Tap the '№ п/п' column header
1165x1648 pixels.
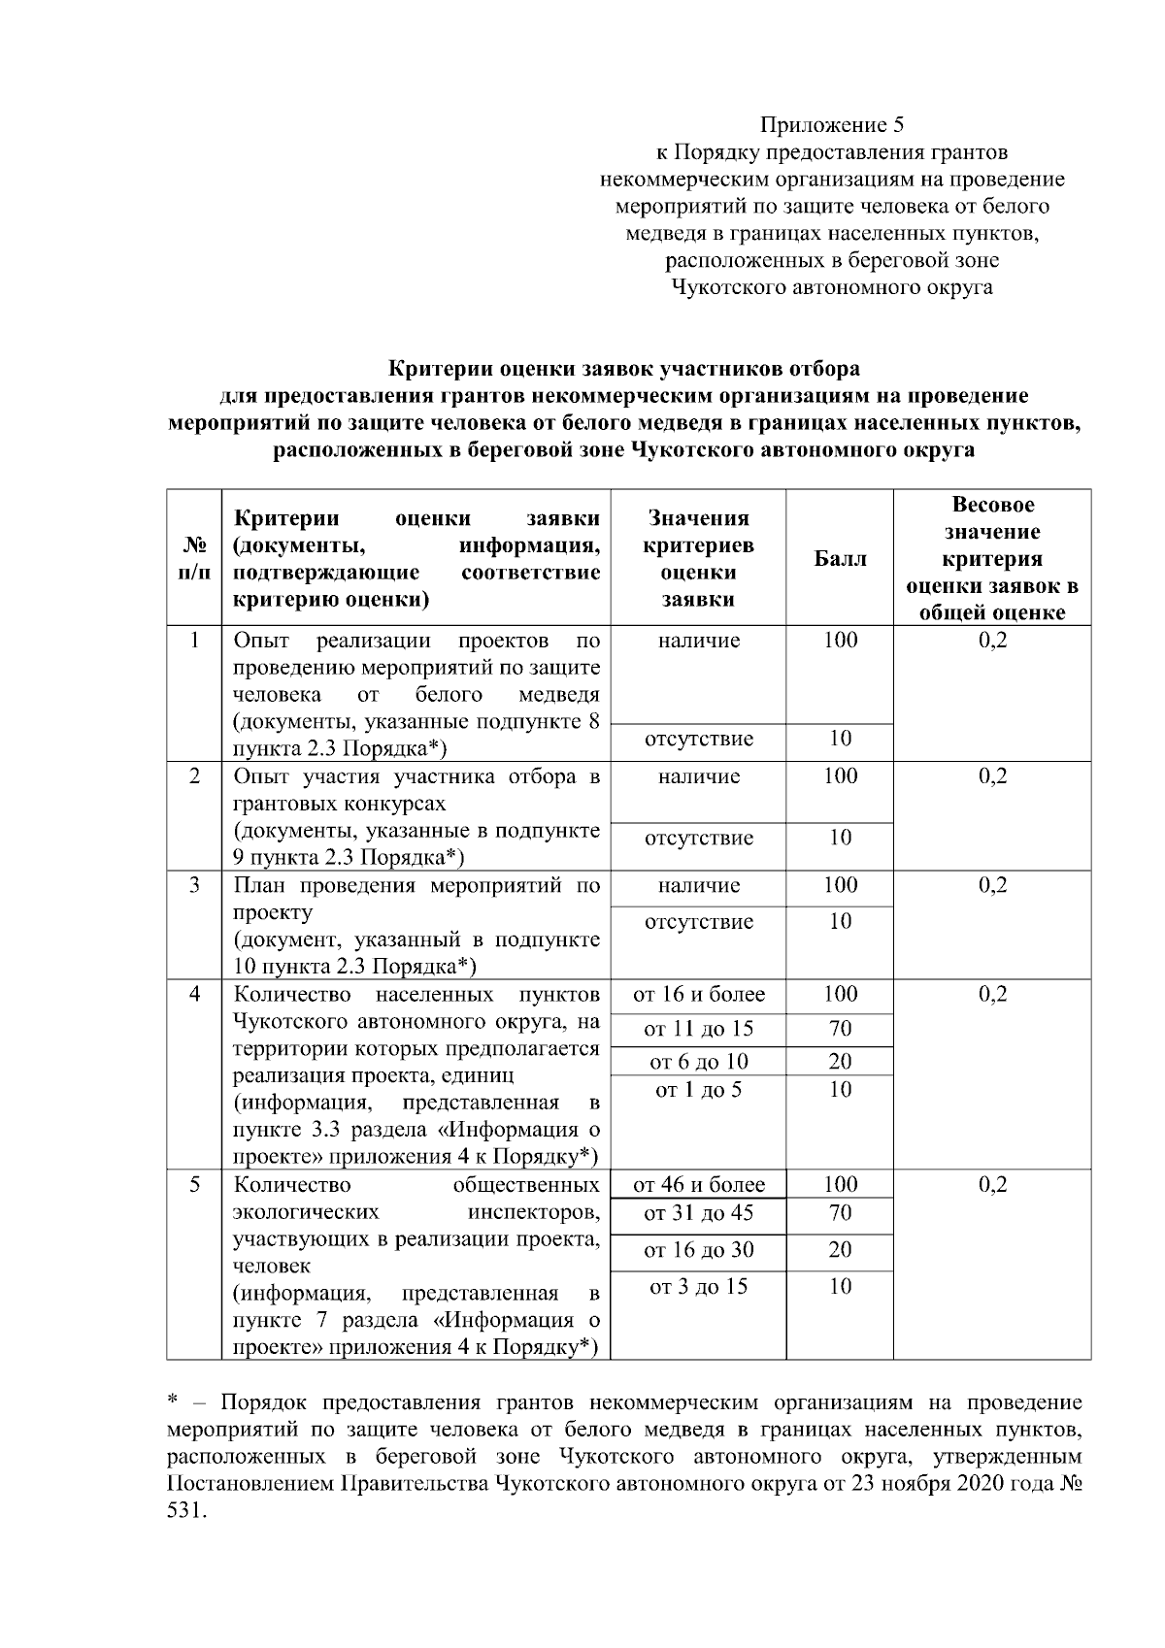click(194, 559)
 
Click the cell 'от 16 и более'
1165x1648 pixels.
click(698, 995)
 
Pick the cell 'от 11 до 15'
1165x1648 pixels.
click(698, 1029)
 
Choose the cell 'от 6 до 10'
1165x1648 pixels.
click(698, 1061)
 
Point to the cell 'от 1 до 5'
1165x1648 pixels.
click(698, 1090)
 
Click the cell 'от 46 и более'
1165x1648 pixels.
click(698, 1185)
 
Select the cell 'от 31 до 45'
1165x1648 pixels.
click(698, 1213)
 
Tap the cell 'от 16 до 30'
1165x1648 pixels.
click(698, 1250)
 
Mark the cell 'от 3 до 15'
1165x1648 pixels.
click(698, 1287)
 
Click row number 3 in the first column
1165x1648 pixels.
click(194, 885)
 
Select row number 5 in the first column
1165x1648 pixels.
click(194, 1185)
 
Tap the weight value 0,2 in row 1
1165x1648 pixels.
click(991, 641)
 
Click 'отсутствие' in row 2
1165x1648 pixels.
click(698, 838)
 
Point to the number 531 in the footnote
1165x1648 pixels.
click(185, 1511)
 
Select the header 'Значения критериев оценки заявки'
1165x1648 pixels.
click(698, 559)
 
